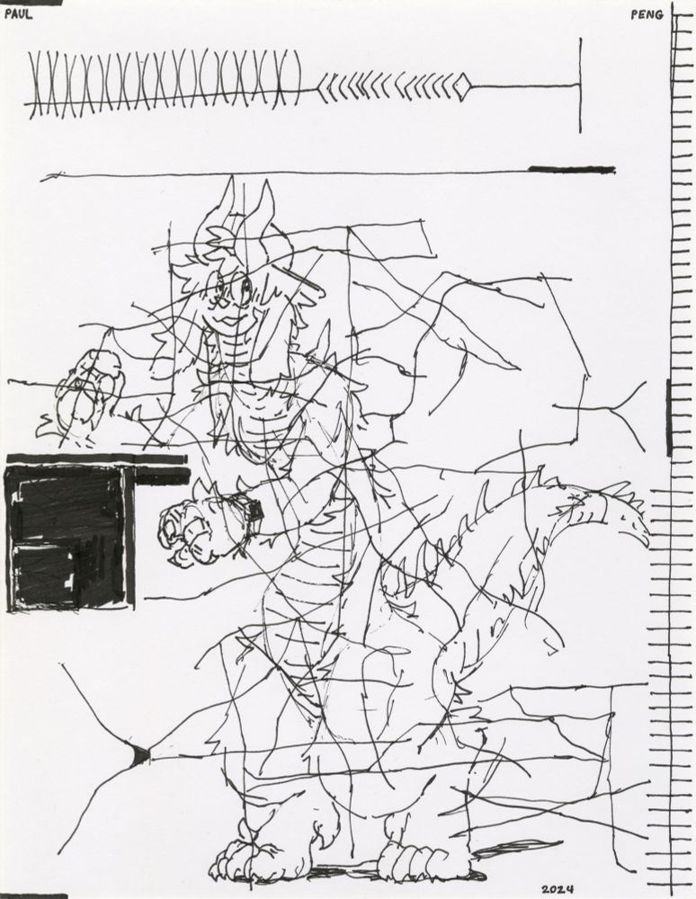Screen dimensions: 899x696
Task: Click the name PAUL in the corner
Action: pyautogui.click(x=18, y=13)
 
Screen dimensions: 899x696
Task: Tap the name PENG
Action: pyautogui.click(x=647, y=14)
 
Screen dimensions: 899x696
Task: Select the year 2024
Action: pyautogui.click(x=557, y=888)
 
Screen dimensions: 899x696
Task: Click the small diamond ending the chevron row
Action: pyautogui.click(x=463, y=87)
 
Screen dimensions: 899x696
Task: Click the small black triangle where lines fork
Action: pyautogui.click(x=139, y=755)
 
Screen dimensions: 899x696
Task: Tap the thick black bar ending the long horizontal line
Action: pyautogui.click(x=571, y=169)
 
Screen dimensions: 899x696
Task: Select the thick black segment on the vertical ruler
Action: pyautogui.click(x=669, y=416)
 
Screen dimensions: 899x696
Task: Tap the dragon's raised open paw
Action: pyautogui.click(x=90, y=391)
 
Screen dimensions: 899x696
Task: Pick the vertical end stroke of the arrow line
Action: pyautogui.click(x=580, y=85)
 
